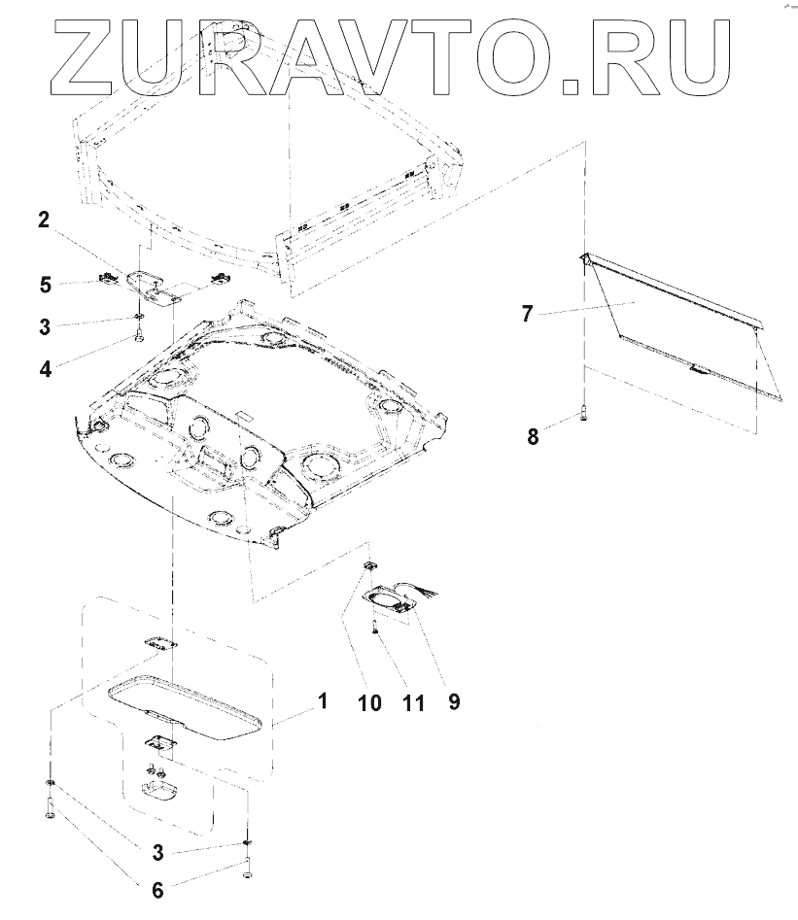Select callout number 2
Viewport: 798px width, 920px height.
pos(44,220)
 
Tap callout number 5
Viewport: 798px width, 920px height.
pos(45,285)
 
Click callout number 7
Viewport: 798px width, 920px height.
pos(527,313)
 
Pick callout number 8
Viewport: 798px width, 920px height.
pos(533,436)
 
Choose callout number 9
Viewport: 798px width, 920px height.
pos(453,701)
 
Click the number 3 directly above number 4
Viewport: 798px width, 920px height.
pos(45,326)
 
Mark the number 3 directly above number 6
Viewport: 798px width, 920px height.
pos(156,854)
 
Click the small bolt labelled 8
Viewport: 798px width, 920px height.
pos(583,412)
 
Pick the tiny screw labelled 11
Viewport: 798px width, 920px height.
pos(375,630)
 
